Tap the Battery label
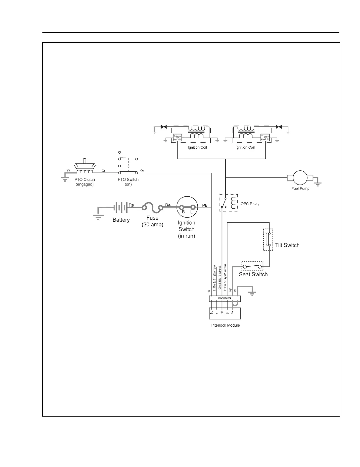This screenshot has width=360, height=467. [121, 220]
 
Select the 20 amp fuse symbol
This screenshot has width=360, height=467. [152, 208]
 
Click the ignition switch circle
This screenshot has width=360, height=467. [187, 207]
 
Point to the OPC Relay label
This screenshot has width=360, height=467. [250, 204]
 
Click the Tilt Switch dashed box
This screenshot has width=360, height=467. [268, 240]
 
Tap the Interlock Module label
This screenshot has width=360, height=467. [225, 325]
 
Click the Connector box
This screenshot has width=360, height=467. [225, 298]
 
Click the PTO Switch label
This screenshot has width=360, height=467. [128, 179]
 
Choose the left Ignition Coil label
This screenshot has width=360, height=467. [197, 147]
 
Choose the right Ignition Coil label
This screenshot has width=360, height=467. [245, 147]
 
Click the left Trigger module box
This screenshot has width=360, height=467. [177, 137]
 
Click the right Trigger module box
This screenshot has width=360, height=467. [265, 137]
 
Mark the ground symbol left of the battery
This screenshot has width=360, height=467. [98, 217]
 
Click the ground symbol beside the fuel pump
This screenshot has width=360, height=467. [318, 183]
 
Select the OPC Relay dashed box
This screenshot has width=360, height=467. [229, 203]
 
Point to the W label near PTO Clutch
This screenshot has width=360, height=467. [68, 171]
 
